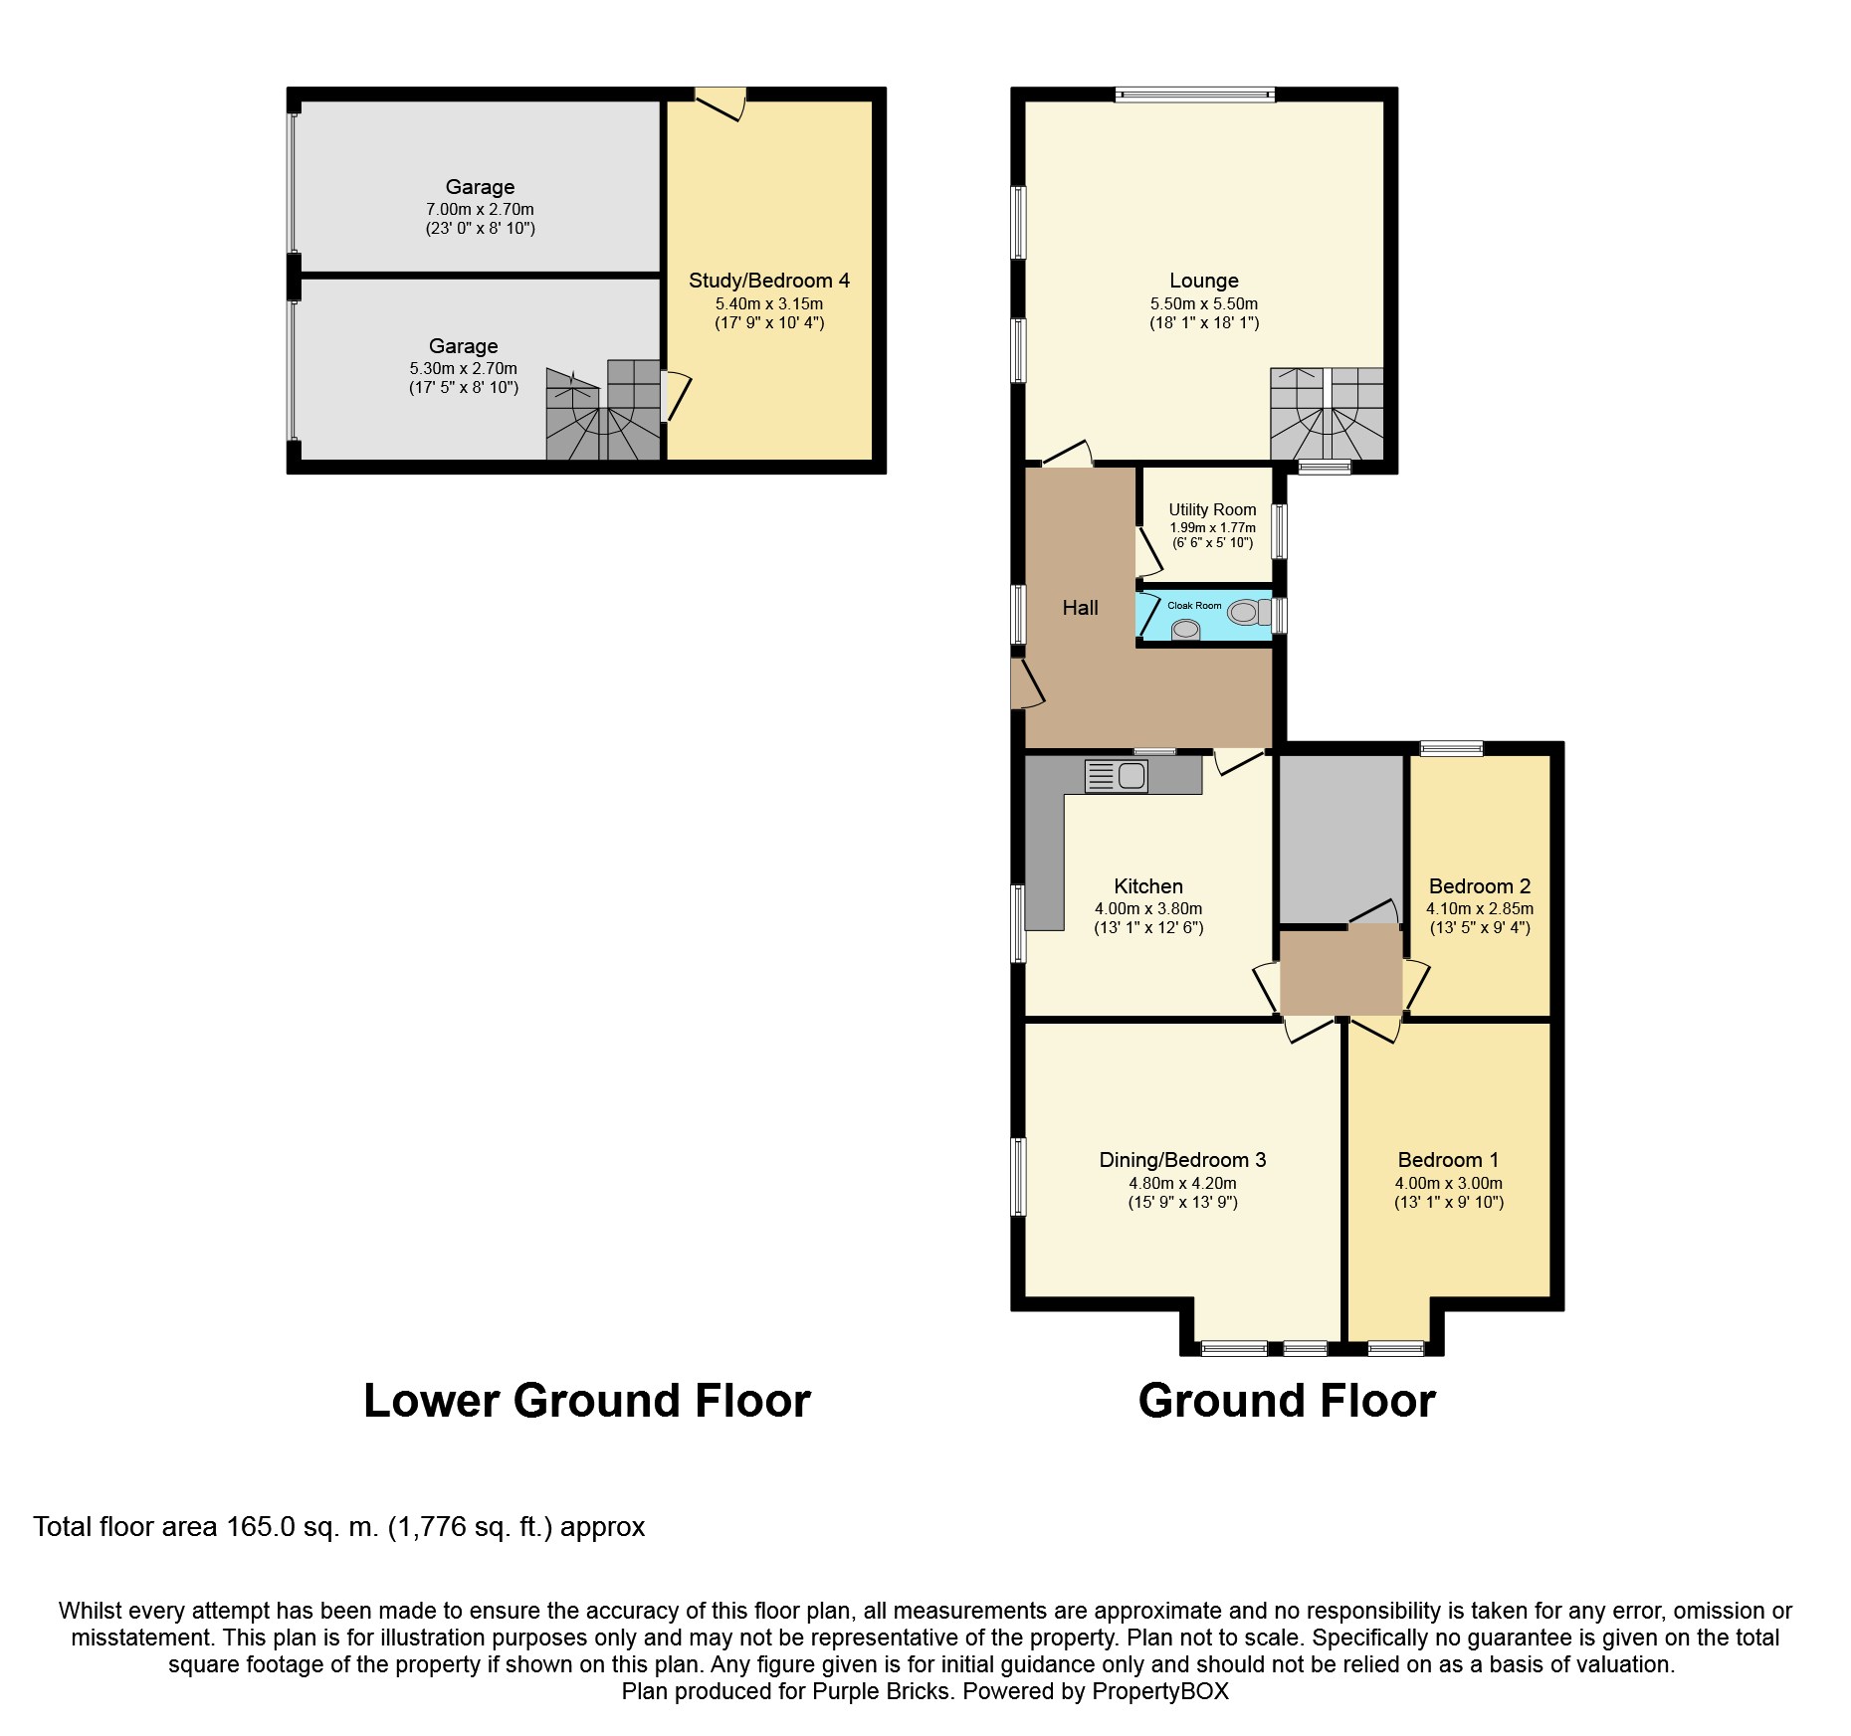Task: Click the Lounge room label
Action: click(x=1204, y=281)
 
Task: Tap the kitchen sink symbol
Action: click(x=1116, y=775)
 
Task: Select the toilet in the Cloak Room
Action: click(x=1249, y=612)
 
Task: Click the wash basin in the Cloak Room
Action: click(x=1185, y=629)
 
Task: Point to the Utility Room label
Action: click(x=1212, y=509)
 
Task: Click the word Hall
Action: click(x=1080, y=608)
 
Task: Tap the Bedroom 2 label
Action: click(x=1480, y=886)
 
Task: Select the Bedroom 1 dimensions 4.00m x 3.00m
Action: click(x=1449, y=1184)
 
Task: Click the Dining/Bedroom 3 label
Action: click(x=1182, y=1160)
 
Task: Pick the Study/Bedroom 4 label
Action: click(x=769, y=281)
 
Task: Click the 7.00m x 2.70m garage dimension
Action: click(x=480, y=210)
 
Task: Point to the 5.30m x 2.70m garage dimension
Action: click(x=464, y=369)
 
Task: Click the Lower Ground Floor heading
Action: click(x=587, y=1400)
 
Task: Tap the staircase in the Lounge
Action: click(x=1327, y=414)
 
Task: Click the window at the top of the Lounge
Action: click(x=1194, y=96)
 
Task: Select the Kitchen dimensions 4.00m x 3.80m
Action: click(x=1148, y=909)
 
